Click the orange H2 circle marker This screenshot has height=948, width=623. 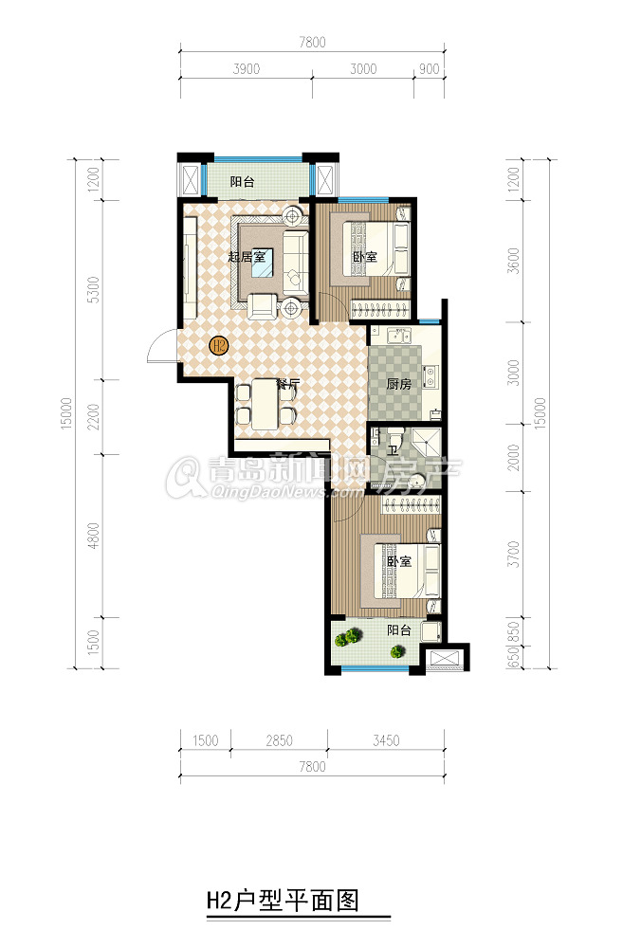point(218,346)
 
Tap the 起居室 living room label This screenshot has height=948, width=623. point(247,256)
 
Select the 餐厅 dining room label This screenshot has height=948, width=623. point(288,384)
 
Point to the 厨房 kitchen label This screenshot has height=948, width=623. point(398,384)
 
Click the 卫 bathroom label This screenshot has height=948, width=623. point(393,450)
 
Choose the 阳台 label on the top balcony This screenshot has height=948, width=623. point(243,181)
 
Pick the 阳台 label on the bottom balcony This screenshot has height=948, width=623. point(399,630)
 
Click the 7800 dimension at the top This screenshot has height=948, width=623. point(312,43)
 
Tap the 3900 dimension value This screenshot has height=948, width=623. point(247,69)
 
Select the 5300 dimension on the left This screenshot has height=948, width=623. point(93,290)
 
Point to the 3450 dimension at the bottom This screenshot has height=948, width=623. point(386,740)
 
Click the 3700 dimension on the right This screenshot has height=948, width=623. point(514,554)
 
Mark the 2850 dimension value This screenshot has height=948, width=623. point(280,740)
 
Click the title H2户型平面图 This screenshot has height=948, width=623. point(283,901)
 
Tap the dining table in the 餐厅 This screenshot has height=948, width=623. point(265,404)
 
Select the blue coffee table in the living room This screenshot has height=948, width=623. point(263,263)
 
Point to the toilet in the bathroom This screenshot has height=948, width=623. point(395,434)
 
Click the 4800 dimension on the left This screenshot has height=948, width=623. point(93,537)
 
